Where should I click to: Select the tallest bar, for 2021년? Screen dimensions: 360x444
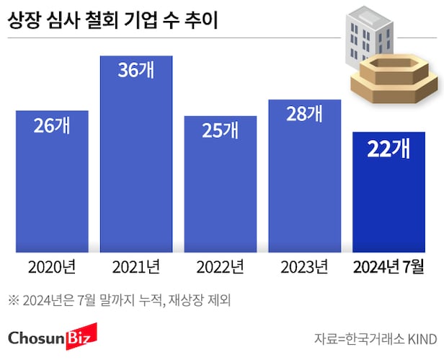(136, 166)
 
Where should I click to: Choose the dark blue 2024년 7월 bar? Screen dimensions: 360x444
(388, 198)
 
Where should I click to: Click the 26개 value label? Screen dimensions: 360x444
(52, 126)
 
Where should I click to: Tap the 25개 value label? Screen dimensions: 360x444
(220, 131)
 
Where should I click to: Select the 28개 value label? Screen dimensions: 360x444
(304, 114)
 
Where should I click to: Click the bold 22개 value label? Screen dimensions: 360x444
(388, 149)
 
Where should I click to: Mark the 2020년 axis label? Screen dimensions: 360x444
(52, 268)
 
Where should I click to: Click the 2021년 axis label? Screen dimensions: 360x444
(136, 268)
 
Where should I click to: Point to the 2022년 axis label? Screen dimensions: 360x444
(220, 268)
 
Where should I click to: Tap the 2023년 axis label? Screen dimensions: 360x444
(304, 268)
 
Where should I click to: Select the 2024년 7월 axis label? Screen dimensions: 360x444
(388, 268)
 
